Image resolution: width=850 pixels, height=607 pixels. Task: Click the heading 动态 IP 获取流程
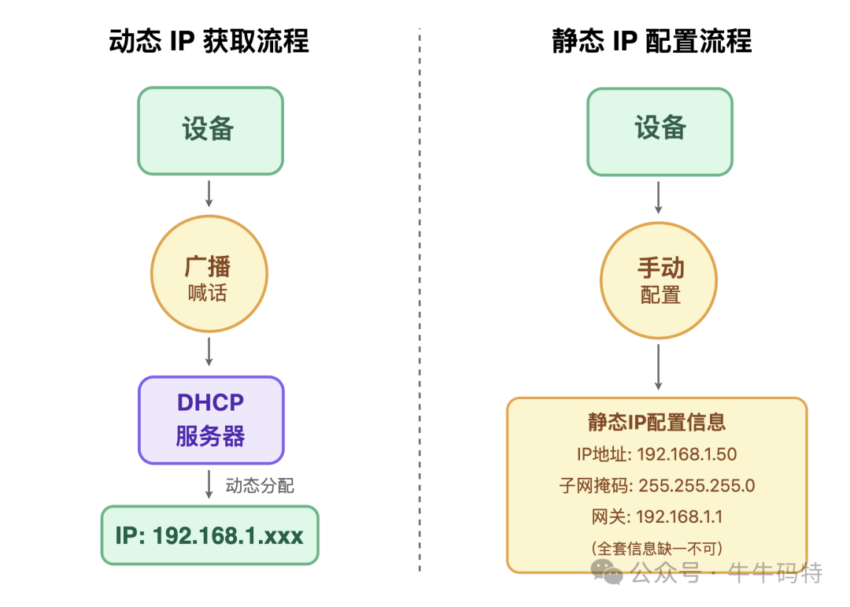point(209,42)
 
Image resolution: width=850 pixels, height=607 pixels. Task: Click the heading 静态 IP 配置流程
point(652,42)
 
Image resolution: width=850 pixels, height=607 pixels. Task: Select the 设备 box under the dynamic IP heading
point(210,131)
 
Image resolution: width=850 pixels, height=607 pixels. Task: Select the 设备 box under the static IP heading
point(660,131)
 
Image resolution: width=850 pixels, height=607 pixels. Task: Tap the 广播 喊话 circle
point(209,274)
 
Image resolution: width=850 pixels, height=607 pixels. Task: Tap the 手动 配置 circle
point(659,280)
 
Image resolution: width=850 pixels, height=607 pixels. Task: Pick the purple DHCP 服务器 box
point(210,420)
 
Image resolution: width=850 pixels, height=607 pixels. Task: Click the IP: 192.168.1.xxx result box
point(209,535)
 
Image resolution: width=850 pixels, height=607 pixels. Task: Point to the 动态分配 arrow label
point(260,486)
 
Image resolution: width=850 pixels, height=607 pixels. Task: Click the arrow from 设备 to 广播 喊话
point(209,193)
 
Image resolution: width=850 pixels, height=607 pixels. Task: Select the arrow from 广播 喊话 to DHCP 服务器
point(209,351)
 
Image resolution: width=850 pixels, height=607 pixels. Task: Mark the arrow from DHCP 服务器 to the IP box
point(209,484)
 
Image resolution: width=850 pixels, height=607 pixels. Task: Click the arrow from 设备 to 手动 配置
point(659,197)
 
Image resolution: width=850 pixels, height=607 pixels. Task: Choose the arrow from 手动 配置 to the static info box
point(659,366)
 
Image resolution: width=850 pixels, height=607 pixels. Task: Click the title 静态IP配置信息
point(656,422)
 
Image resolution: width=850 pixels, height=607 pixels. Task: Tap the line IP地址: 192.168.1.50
point(656,454)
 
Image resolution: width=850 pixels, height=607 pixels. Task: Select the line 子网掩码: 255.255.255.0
point(656,486)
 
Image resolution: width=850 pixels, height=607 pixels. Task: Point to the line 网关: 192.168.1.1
point(656,517)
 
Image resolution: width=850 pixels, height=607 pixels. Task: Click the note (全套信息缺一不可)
point(656,548)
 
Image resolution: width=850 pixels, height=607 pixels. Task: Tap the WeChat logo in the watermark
point(608,572)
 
